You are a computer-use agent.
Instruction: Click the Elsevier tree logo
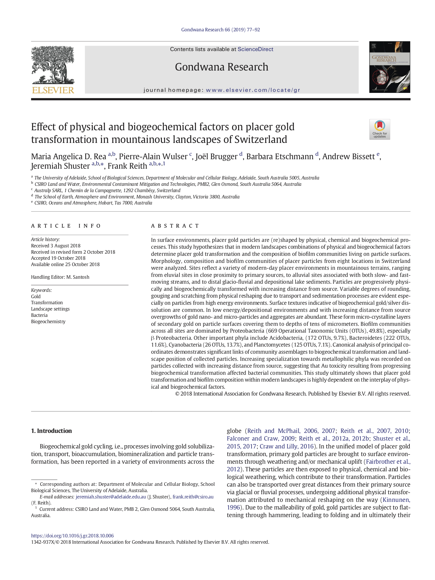point(53,69)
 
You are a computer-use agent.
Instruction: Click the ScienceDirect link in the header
point(255,49)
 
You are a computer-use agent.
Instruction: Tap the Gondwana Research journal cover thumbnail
point(389,67)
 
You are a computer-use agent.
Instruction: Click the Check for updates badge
point(379,129)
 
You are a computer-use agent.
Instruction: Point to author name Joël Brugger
point(216,157)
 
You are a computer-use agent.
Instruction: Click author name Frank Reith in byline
point(127,166)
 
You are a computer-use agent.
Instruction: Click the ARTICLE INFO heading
point(66,226)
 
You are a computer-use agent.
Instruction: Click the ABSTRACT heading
point(175,226)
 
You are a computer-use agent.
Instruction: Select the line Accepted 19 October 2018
point(58,258)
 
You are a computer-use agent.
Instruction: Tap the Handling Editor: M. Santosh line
point(60,277)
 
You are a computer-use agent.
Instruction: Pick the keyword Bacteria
point(39,315)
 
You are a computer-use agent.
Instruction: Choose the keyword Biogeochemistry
point(48,322)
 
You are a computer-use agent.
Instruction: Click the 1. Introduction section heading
point(51,431)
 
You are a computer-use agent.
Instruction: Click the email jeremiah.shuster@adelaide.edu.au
point(111,497)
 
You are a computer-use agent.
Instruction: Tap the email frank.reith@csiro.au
point(193,497)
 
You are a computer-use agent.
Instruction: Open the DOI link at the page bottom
point(72,536)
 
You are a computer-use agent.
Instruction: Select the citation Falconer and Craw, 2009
point(261,438)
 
